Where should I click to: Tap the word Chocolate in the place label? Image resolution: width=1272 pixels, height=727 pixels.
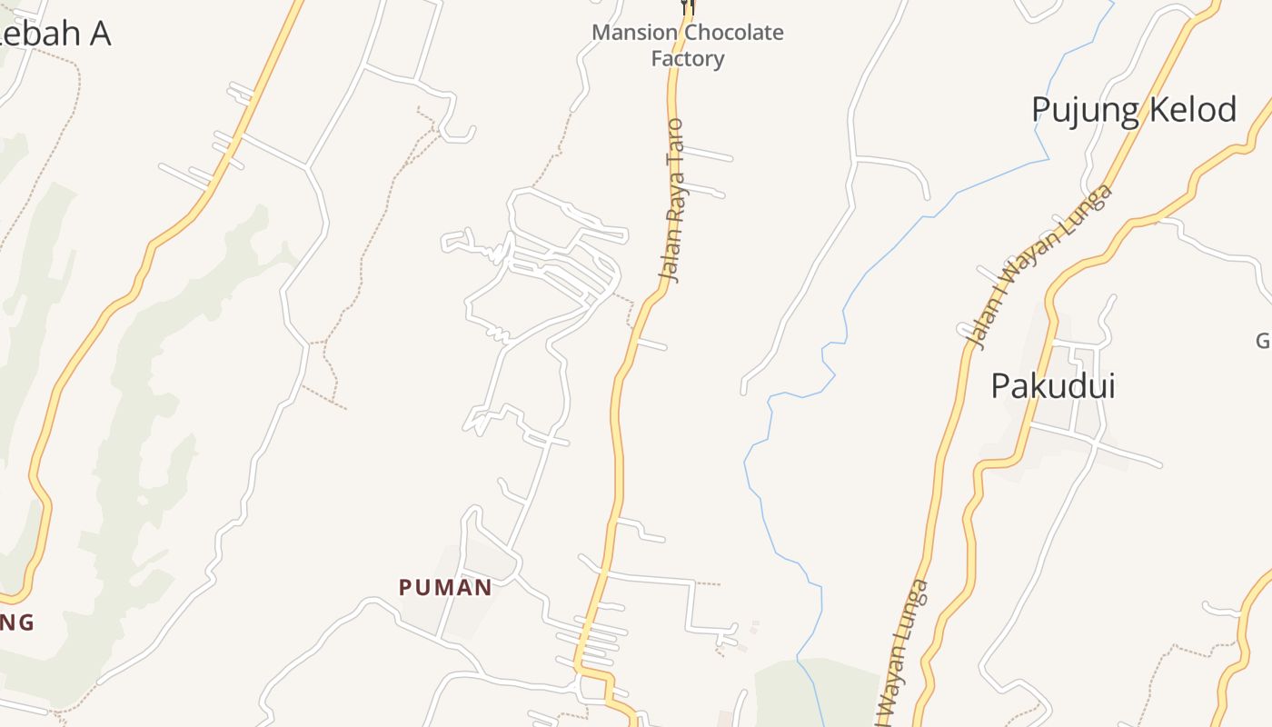(x=733, y=33)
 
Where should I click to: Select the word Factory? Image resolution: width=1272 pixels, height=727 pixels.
(x=688, y=59)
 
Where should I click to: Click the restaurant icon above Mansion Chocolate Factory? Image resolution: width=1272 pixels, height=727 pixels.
(x=688, y=6)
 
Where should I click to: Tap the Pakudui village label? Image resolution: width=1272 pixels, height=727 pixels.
(x=1052, y=386)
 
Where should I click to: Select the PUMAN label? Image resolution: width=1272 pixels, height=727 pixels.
(x=445, y=588)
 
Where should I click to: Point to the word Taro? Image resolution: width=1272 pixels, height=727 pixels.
(x=675, y=141)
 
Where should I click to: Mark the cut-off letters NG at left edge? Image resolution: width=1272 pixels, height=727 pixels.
(x=16, y=623)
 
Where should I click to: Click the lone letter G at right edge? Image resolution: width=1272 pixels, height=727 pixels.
(x=1264, y=341)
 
